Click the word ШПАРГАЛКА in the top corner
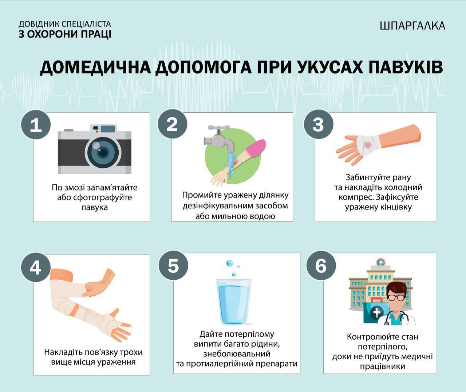tap(412, 25)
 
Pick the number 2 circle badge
tap(172, 124)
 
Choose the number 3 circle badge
tap(318, 124)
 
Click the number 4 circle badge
tap(36, 267)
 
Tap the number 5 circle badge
tap(173, 266)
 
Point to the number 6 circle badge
tap(321, 266)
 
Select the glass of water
tap(233, 301)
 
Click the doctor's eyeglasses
tap(396, 297)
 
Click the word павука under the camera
tap(94, 207)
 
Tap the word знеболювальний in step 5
tap(237, 353)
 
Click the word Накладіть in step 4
tap(62, 352)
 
